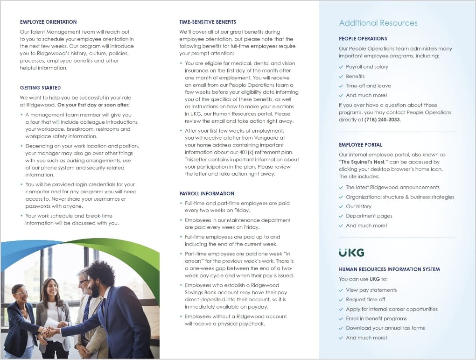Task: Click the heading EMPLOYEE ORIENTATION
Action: [x=48, y=22]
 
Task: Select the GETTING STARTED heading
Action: [x=40, y=88]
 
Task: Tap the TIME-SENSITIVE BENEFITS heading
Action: [x=208, y=22]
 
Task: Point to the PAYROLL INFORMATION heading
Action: [x=207, y=193]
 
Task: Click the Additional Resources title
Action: [x=378, y=23]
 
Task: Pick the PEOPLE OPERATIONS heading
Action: [x=363, y=39]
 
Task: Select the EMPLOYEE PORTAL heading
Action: [x=360, y=145]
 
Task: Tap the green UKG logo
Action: [x=351, y=253]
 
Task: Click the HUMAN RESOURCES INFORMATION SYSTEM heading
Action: [x=389, y=269]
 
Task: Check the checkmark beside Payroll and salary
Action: [x=341, y=67]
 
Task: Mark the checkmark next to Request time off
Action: [x=341, y=299]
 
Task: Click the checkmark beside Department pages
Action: [x=341, y=216]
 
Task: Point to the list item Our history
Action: [x=358, y=206]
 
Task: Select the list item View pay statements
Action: [x=371, y=290]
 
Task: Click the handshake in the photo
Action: [x=51, y=332]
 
